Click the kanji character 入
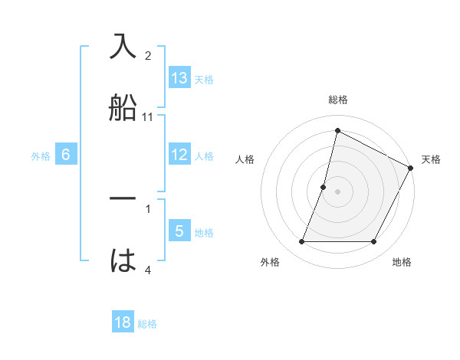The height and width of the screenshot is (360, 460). point(123,47)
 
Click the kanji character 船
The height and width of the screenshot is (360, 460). point(123,107)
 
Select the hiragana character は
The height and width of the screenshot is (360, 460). point(123,260)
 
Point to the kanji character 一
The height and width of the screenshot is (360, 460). point(123,198)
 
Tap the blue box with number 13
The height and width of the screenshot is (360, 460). point(179,77)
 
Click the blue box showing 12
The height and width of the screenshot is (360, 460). point(179,155)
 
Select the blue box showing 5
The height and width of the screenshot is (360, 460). point(179,231)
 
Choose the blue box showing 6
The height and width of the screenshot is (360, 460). point(66,155)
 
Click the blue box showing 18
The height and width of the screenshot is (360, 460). point(123,322)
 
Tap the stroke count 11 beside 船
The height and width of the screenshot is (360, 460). point(148,117)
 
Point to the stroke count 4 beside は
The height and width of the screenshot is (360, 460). point(148,270)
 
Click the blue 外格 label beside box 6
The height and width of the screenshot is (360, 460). point(41,155)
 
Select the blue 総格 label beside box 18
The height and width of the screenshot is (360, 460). point(147,323)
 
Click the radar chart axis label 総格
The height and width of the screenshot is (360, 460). point(337,100)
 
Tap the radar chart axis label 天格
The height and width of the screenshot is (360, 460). point(431,159)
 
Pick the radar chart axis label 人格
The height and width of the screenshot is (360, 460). point(245,159)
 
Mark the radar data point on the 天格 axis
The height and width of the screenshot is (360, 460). point(412,168)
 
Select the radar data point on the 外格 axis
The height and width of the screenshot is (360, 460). point(301,242)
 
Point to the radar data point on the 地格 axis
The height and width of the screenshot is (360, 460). point(373,242)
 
